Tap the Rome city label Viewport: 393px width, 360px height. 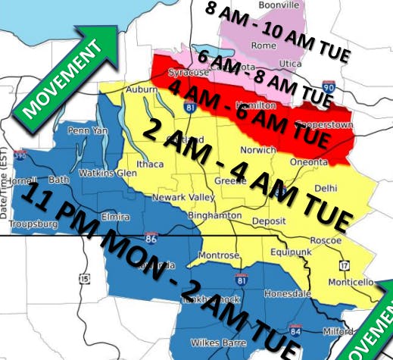264,45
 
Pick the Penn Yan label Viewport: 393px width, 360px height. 84,131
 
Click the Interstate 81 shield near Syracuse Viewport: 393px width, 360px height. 187,108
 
